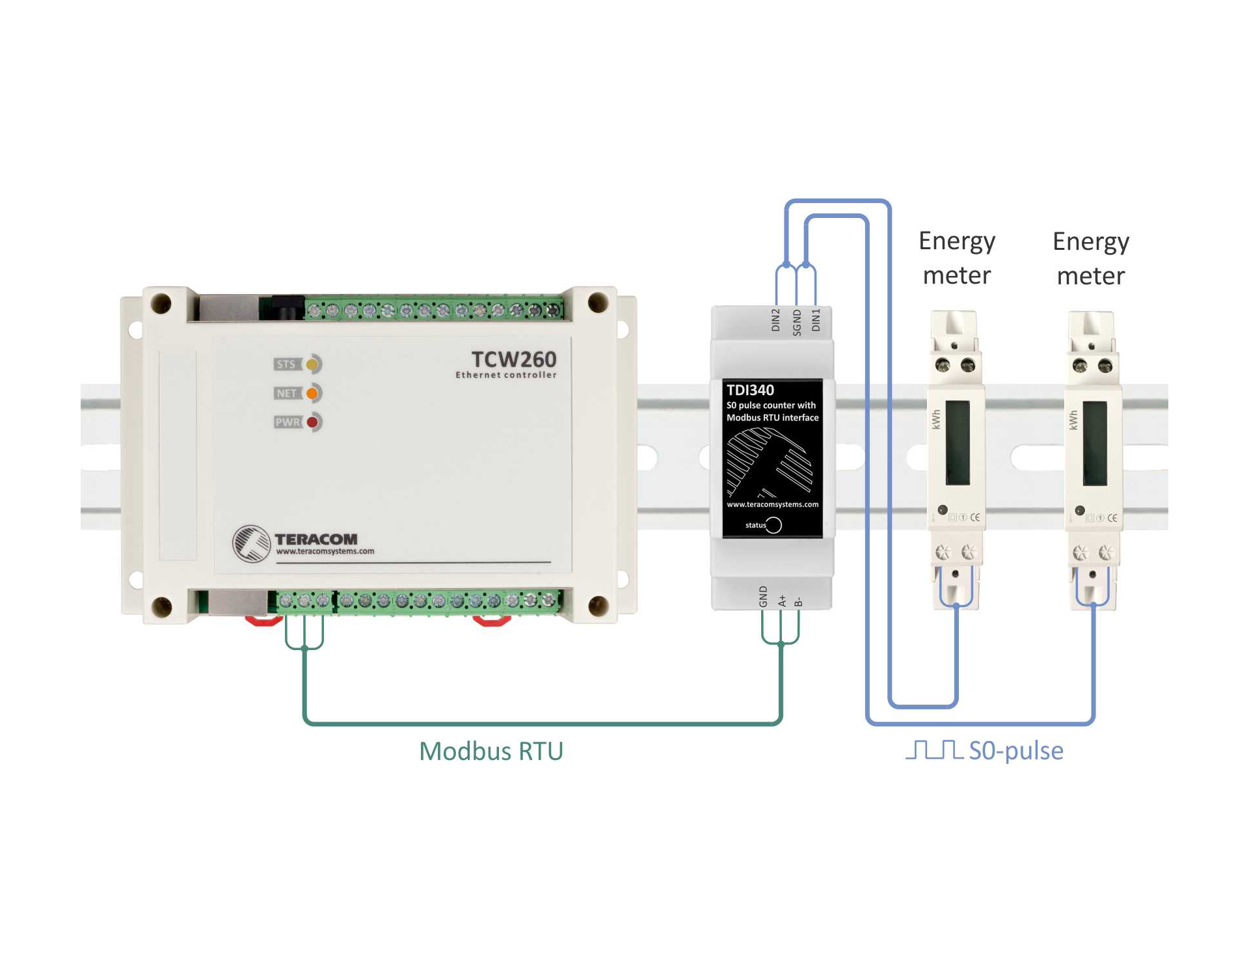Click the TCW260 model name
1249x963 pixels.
click(x=513, y=359)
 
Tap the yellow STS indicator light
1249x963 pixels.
click(x=313, y=364)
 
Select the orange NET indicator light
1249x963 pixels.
click(x=313, y=393)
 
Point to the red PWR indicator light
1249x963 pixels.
click(x=313, y=422)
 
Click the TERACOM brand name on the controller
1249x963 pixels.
click(x=316, y=539)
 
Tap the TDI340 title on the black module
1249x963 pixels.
click(x=750, y=390)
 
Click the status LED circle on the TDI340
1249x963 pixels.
click(x=774, y=525)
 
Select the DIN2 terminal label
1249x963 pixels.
click(x=775, y=320)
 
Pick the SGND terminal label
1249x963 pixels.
click(x=796, y=322)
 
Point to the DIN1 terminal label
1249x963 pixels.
click(x=816, y=320)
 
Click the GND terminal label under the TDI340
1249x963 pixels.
click(x=763, y=596)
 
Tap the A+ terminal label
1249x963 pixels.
click(x=782, y=600)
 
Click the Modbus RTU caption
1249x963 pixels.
click(x=491, y=751)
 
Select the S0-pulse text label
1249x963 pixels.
click(x=1016, y=751)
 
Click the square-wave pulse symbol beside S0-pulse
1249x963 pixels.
click(x=934, y=750)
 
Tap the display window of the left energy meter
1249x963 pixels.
click(x=958, y=442)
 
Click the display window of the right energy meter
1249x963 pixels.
click(x=1095, y=442)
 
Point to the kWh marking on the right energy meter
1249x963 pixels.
click(x=1073, y=420)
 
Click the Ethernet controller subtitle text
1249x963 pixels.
click(x=506, y=375)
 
